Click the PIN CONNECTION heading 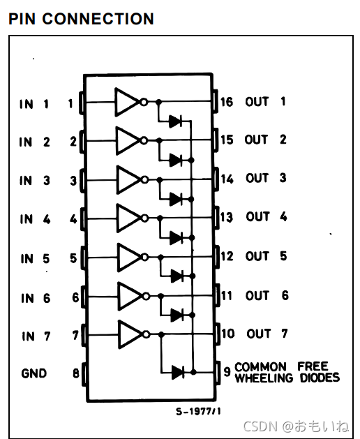[81, 19]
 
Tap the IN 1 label [34, 104]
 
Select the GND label [34, 373]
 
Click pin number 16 [227, 102]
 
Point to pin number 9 [227, 371]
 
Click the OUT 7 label [267, 334]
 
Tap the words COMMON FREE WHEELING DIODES [287, 372]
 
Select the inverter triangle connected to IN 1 [127, 102]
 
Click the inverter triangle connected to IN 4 [129, 218]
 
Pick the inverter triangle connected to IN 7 [130, 334]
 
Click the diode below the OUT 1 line [176, 121]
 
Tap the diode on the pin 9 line [178, 373]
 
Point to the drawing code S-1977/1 [198, 411]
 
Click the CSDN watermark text [297, 426]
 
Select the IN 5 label [36, 259]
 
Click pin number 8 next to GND [76, 373]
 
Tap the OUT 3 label [266, 178]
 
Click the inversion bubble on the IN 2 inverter [144, 140]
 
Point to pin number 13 [227, 217]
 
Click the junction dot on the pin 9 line [193, 372]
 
